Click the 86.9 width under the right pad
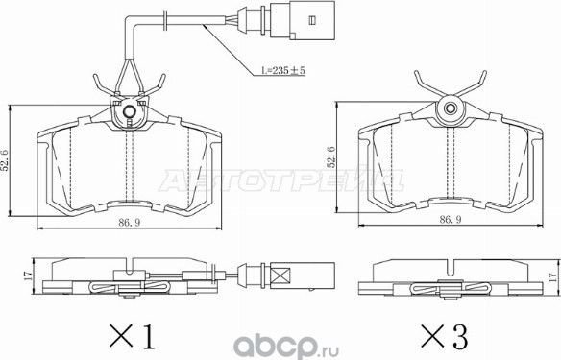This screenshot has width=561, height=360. tap(449, 220)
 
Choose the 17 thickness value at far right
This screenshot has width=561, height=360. tap(551, 276)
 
